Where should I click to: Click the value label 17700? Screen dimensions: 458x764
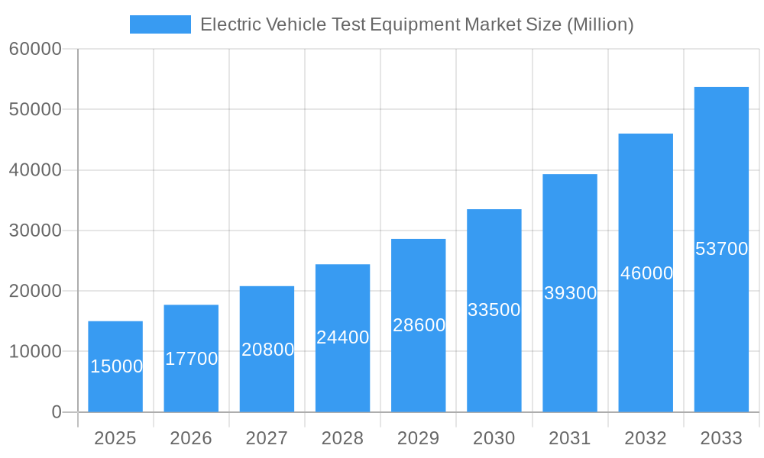click(x=192, y=359)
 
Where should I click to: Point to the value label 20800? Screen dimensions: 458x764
click(x=267, y=350)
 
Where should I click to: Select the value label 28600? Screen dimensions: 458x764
click(x=419, y=325)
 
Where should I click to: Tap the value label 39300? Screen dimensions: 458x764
click(x=570, y=293)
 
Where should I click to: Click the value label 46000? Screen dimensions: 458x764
click(x=646, y=273)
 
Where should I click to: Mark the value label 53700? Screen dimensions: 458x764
click(x=721, y=249)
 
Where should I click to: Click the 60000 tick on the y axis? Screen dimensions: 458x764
click(x=35, y=50)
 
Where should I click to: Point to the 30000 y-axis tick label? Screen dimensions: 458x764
click(x=35, y=231)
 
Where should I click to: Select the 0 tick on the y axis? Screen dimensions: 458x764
click(x=57, y=412)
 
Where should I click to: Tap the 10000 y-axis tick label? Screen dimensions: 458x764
click(x=35, y=352)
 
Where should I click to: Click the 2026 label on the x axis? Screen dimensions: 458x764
click(x=191, y=438)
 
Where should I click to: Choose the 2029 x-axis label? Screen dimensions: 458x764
click(x=419, y=438)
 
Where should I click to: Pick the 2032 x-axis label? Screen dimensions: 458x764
click(x=646, y=438)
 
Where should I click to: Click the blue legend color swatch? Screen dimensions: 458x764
click(x=160, y=24)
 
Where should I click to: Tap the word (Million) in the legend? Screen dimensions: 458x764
click(x=600, y=24)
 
